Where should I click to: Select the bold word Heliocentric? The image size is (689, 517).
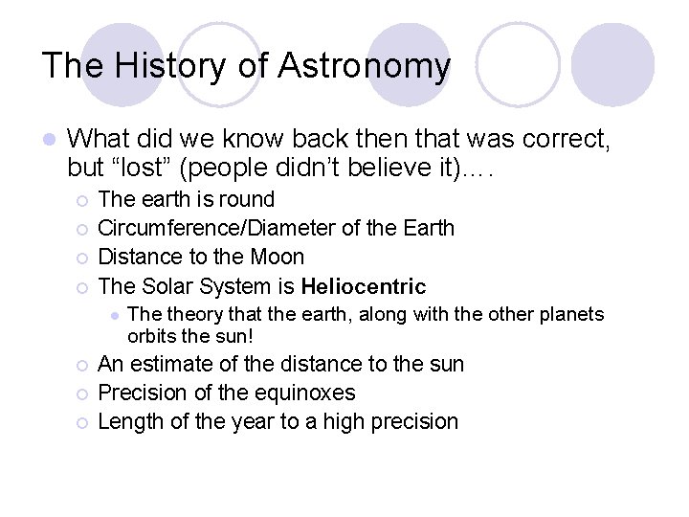364,286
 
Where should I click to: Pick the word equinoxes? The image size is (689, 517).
302,393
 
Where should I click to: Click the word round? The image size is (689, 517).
248,200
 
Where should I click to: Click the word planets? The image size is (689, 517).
571,315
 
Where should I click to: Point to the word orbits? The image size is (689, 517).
151,335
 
